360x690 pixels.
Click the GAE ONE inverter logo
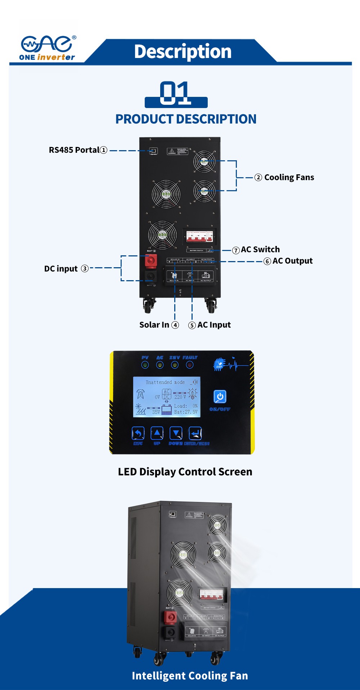point(48,48)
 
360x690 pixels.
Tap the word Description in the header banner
point(183,51)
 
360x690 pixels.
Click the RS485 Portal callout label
point(78,150)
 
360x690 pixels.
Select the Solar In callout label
point(159,325)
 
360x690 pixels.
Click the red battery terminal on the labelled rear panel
point(151,260)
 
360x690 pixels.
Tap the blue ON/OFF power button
point(220,396)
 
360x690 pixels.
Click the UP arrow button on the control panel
point(157,433)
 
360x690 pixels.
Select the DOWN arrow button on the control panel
point(176,433)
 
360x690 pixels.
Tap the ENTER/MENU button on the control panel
point(195,433)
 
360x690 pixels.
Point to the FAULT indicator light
point(190,365)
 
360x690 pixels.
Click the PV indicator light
point(145,365)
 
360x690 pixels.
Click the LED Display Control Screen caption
point(185,472)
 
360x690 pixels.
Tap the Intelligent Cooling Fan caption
point(190,676)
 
